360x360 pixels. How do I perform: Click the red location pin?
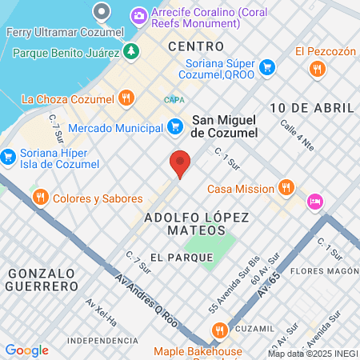(x=180, y=163)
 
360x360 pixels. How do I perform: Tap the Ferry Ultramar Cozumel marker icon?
(x=102, y=12)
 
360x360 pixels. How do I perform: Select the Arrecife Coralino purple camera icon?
(x=139, y=14)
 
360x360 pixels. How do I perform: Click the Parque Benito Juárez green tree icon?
(x=130, y=53)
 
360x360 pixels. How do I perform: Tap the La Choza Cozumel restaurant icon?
(x=126, y=99)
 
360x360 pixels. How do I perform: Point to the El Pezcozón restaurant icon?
(x=318, y=69)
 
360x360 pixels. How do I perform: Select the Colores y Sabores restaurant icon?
(x=39, y=198)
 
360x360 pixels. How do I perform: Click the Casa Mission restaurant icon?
(x=287, y=189)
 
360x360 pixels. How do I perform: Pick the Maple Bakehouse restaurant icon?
(x=218, y=330)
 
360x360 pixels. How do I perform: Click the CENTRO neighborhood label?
(x=196, y=47)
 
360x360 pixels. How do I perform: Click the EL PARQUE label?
(x=182, y=258)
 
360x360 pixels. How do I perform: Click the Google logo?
(x=26, y=350)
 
